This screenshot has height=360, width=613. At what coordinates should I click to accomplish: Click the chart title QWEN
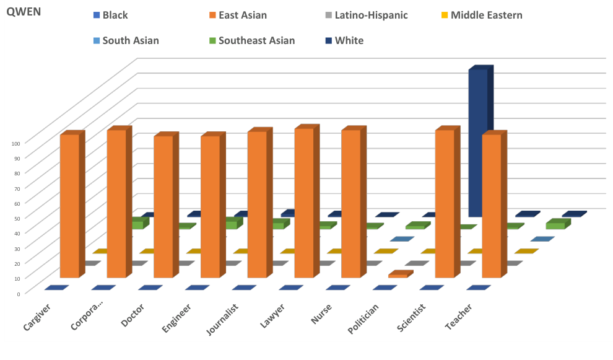24,12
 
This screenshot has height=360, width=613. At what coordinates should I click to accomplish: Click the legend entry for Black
115,15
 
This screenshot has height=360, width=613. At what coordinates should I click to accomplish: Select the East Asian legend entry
242,15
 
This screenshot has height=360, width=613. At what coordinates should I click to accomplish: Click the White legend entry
349,41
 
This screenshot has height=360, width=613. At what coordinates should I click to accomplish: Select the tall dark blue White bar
477,143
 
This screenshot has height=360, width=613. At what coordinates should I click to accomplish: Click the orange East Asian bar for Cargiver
69,206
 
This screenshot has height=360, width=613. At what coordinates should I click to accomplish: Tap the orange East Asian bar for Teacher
492,206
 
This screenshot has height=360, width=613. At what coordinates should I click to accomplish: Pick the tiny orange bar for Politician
398,274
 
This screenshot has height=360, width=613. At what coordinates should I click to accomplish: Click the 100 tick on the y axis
16,143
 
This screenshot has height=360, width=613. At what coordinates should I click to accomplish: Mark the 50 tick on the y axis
17,217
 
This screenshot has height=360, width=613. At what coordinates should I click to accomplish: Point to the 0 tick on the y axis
19,293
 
